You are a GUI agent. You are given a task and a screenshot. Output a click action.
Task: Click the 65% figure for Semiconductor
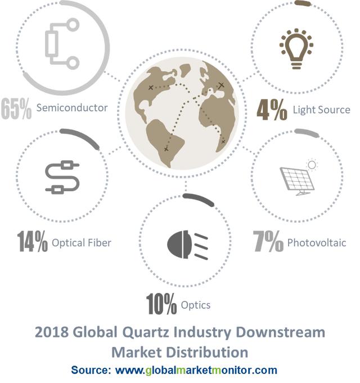16,109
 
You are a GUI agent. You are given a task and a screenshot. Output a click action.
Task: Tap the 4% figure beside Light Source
272,110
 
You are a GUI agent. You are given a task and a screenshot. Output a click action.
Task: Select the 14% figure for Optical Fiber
33,241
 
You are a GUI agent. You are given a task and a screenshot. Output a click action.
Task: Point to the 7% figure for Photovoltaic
268,241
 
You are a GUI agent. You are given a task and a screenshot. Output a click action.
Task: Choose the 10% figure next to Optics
161,304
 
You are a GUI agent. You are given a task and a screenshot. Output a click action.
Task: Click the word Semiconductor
72,108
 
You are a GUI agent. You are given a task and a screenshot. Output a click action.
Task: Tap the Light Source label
322,110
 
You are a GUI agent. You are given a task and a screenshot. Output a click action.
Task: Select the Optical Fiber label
82,243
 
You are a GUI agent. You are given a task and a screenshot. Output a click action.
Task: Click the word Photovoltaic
317,243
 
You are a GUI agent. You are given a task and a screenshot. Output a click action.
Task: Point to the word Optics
196,305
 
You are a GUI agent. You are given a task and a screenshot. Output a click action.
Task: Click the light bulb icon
296,48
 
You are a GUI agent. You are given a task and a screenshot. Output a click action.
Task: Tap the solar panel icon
299,177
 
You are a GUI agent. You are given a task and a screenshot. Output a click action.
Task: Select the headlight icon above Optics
187,245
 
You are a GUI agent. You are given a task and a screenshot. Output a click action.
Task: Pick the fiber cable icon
62,177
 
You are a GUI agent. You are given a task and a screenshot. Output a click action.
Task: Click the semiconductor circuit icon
62,44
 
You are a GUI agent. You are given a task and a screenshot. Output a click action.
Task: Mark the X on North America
151,87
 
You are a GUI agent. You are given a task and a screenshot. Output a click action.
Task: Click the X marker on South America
166,149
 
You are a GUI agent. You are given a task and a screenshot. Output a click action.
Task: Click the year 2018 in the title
52,332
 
